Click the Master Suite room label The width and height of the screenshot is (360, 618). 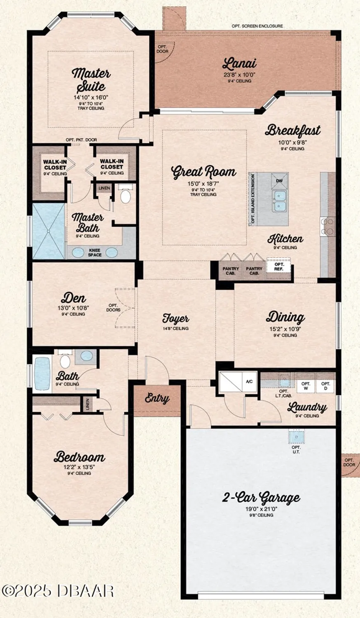click(x=91, y=80)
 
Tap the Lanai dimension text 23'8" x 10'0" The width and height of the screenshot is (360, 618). click(x=239, y=75)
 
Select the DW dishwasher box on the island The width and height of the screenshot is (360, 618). click(x=279, y=181)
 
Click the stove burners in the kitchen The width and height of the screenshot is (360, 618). click(x=327, y=227)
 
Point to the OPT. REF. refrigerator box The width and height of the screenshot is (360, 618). click(x=279, y=267)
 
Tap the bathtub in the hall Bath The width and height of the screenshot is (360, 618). click(x=42, y=373)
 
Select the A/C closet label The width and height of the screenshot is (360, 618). click(x=249, y=382)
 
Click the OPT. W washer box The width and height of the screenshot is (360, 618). click(x=306, y=386)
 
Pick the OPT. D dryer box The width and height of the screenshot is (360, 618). click(x=325, y=386)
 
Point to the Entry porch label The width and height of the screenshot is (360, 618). click(x=157, y=398)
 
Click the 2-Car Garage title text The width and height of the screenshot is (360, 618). click(x=261, y=497)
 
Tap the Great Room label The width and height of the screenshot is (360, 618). click(x=203, y=171)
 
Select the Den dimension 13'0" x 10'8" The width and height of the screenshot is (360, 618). click(x=73, y=307)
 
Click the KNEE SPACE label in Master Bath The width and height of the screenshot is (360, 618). click(x=94, y=253)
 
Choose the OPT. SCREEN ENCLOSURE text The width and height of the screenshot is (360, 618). click(x=257, y=26)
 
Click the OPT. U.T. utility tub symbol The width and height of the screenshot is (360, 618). click(x=296, y=435)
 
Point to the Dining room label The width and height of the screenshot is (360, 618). click(x=285, y=317)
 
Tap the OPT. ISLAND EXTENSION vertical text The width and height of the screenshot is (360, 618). click(x=253, y=199)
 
